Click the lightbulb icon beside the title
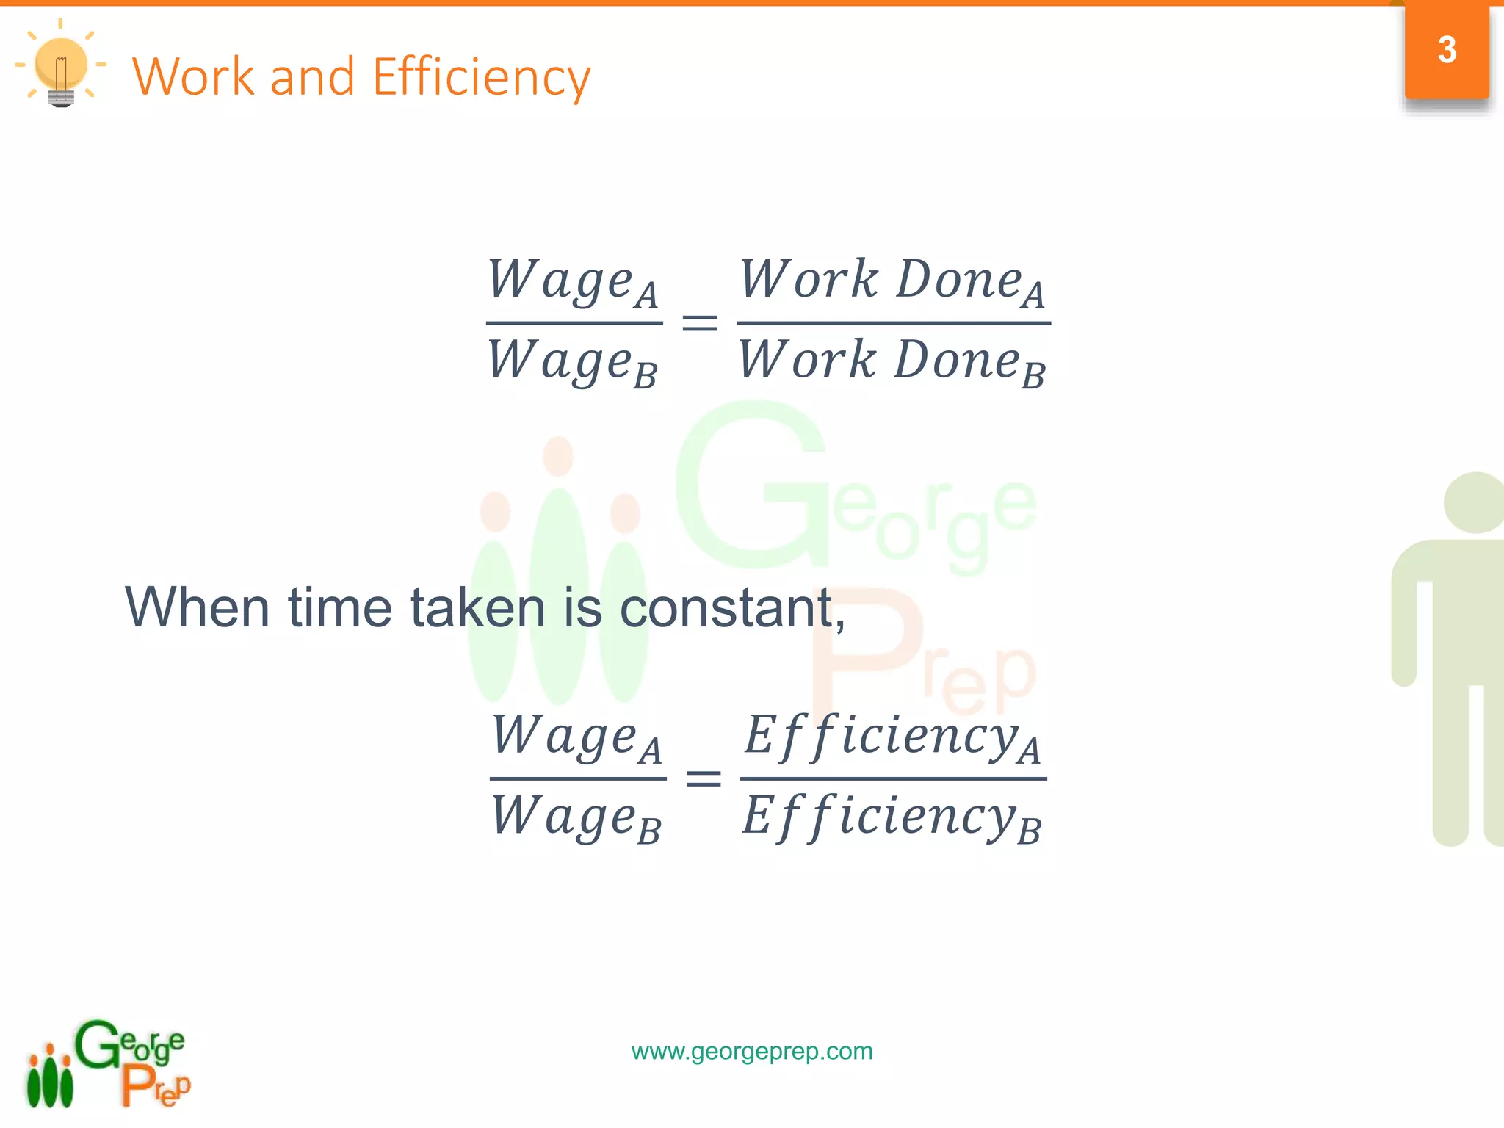coord(61,66)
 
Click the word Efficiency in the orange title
coord(481,77)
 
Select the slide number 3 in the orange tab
coord(1447,50)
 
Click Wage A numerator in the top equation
coord(573,283)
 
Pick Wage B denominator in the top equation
coord(573,362)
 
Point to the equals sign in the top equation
coord(699,322)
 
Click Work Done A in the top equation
coord(892,283)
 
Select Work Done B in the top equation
coord(892,362)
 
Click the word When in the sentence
coord(198,608)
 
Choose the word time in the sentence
coord(340,608)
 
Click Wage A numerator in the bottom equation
coord(576,738)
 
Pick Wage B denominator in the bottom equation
coord(576,817)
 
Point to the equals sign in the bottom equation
coord(703,778)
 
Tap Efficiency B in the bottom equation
coord(892,817)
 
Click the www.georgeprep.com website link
coord(752,1051)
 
